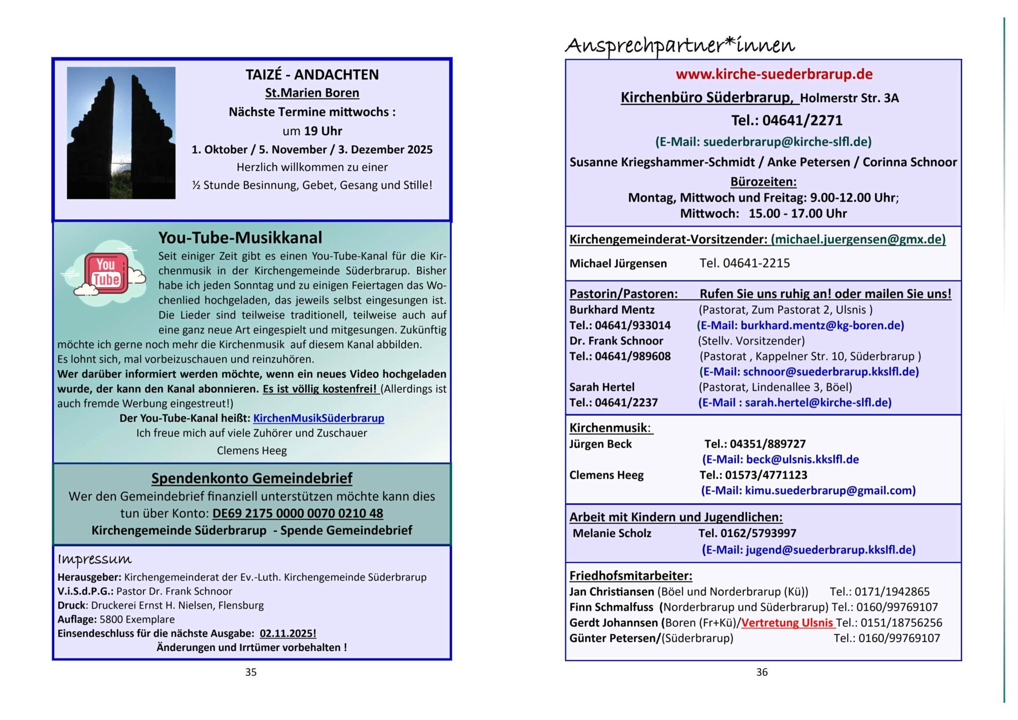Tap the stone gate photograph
point(121,133)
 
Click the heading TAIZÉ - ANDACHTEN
point(312,74)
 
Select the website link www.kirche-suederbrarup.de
point(774,74)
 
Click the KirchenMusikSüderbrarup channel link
point(318,418)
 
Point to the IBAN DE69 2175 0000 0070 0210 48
point(297,513)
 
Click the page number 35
point(251,672)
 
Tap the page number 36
point(762,672)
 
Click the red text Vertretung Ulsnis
point(787,622)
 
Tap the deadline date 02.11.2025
point(288,633)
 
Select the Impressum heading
point(94,560)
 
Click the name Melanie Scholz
point(612,533)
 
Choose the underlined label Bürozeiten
point(763,182)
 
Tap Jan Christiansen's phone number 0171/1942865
point(892,591)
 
